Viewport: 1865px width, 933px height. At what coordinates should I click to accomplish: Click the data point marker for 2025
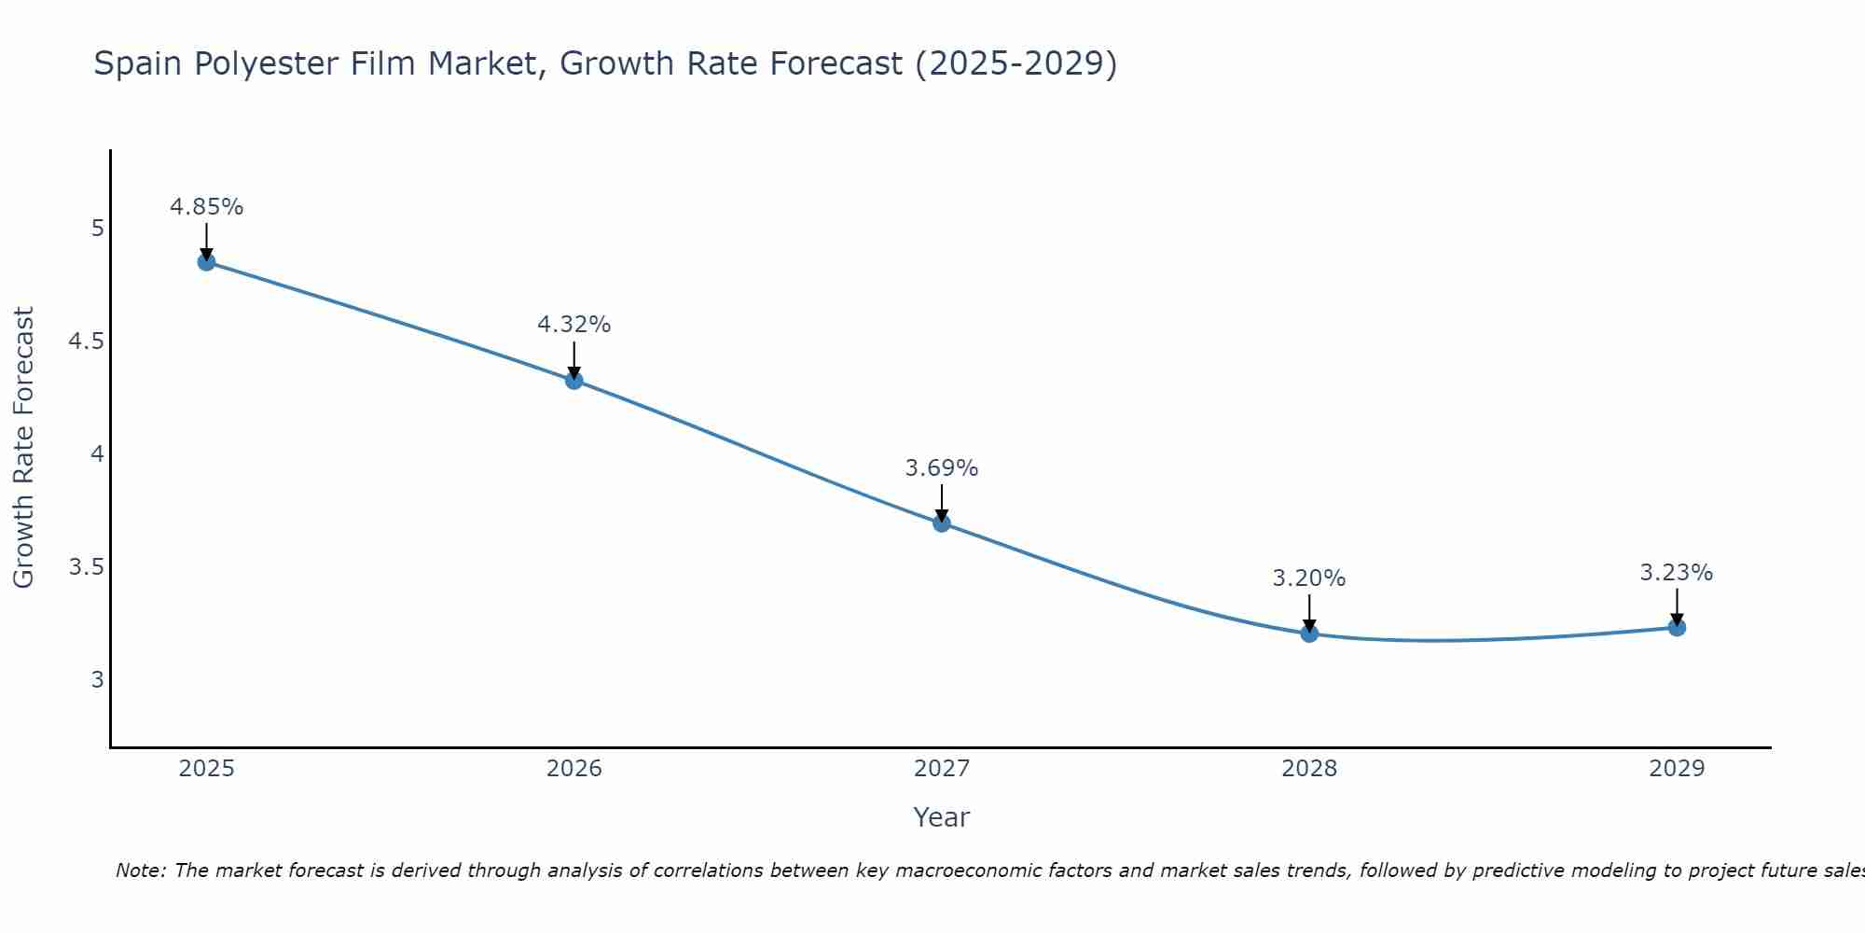coord(206,262)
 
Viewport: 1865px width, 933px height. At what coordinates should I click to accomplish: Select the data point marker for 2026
coord(574,381)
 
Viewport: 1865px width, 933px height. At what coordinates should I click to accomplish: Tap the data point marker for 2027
coord(942,523)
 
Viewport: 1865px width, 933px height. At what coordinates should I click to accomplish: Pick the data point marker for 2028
coord(1309,634)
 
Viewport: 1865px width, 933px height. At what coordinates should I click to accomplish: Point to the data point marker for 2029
coord(1677,628)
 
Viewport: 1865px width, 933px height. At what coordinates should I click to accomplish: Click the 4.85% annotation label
coord(206,207)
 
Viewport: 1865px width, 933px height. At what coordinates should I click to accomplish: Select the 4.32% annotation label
coord(574,325)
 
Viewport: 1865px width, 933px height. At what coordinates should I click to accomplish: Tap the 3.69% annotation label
coord(942,468)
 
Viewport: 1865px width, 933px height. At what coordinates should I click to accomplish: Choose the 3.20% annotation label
coord(1309,578)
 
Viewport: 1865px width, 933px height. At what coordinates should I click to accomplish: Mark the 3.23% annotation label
coord(1677,573)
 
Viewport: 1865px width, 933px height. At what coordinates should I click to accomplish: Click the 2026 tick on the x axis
coord(574,769)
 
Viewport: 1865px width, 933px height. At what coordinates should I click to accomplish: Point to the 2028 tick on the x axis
coord(1309,769)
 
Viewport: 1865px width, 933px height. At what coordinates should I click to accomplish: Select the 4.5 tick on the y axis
coord(86,341)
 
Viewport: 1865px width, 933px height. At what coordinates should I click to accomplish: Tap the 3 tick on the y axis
coord(97,680)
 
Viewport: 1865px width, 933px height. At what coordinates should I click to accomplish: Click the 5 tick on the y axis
coord(97,229)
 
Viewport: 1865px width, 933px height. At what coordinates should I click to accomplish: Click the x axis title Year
coord(942,817)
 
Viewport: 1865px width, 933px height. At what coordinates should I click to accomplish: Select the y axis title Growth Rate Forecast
coord(23,448)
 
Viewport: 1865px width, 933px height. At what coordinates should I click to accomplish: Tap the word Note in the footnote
coord(139,870)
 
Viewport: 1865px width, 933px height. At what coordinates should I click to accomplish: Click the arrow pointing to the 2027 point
coord(942,504)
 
